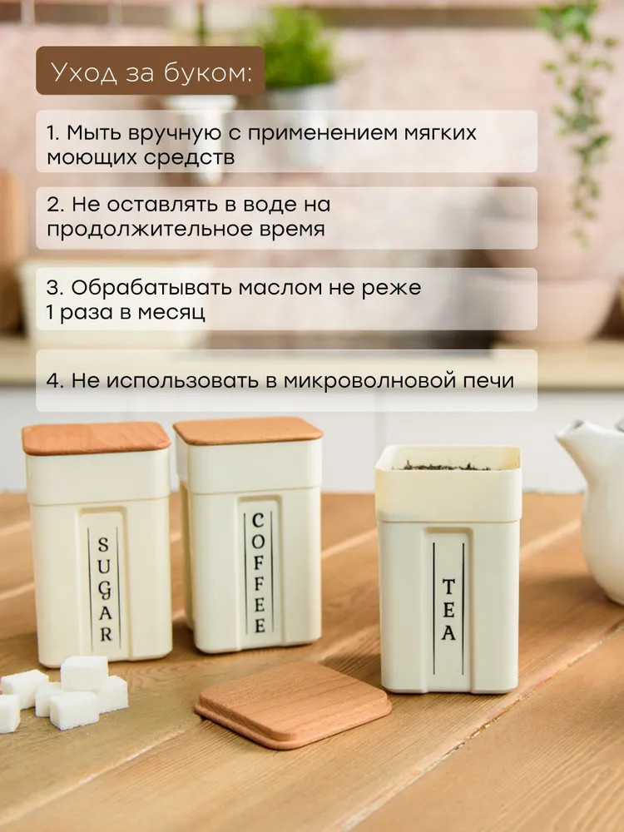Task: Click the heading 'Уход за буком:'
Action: [151, 72]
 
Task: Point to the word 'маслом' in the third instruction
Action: [280, 288]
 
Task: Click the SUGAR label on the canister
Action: [105, 589]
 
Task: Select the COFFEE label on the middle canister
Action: [259, 573]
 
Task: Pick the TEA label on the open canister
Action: [448, 609]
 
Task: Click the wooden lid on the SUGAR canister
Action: [97, 438]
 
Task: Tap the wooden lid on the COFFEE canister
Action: [248, 430]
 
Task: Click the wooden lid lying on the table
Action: [294, 704]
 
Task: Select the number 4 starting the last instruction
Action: [52, 380]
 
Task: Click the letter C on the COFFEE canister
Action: [258, 521]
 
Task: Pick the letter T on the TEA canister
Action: [448, 587]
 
